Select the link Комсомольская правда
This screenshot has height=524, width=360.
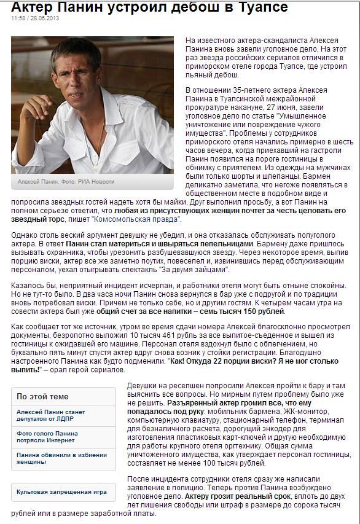[x=136, y=219]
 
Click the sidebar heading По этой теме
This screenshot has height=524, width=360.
[x=42, y=396]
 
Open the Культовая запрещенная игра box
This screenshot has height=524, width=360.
[x=61, y=492]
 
